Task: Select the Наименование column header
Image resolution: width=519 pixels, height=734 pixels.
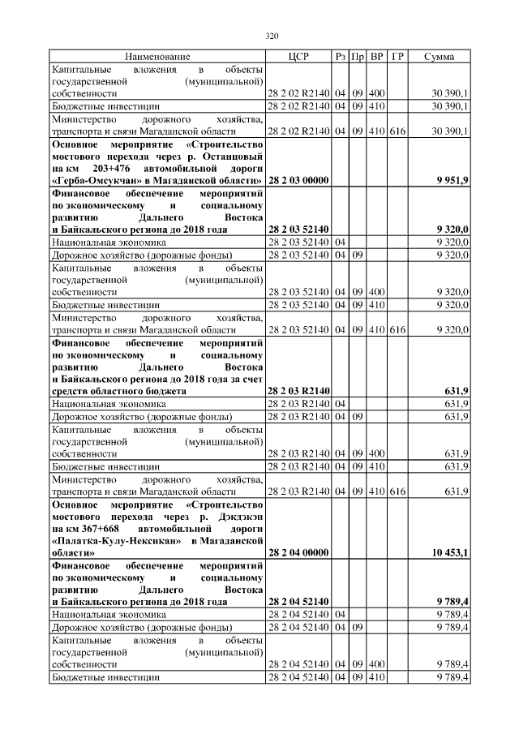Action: coord(157,57)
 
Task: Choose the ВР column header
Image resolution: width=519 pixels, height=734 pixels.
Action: coord(377,57)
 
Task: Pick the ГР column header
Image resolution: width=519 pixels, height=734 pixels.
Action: coord(397,57)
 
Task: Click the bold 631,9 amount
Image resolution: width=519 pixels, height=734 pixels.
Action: coord(457,390)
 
